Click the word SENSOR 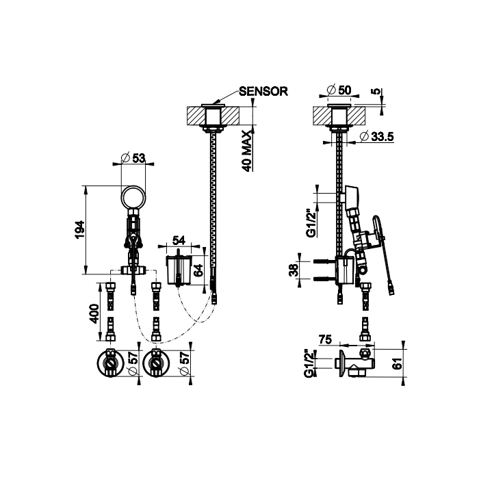coord(263,91)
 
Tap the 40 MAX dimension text coord(246,151)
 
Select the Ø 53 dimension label coord(133,158)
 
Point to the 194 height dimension coord(79,230)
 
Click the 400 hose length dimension coord(94,313)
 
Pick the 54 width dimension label coord(179,240)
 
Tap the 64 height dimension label coord(198,270)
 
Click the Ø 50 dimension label coord(339,90)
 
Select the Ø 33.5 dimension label coord(376,137)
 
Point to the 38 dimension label coord(294,270)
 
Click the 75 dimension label coord(325,339)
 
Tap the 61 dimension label coord(398,363)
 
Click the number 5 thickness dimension coord(378,91)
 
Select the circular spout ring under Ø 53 coord(133,197)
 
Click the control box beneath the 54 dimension coord(179,270)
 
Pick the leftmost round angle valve coord(110,363)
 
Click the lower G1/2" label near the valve coord(308,364)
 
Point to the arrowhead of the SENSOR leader coord(213,103)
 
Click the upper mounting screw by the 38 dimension coord(324,261)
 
